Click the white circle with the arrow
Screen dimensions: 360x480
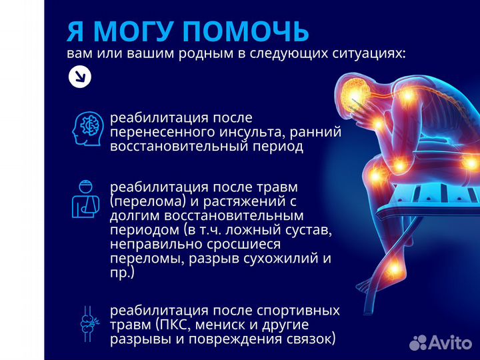coord(80,77)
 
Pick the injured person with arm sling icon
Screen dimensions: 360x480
coord(85,198)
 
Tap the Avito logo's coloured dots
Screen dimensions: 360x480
coord(418,342)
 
